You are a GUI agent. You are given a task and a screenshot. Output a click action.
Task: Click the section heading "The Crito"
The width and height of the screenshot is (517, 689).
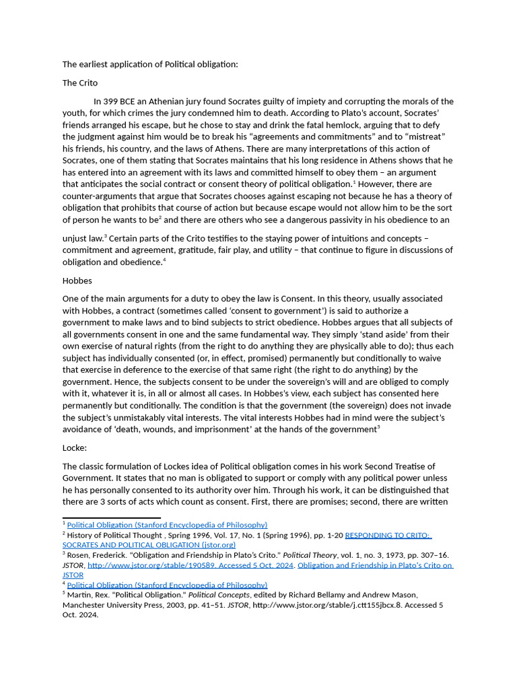click(80, 83)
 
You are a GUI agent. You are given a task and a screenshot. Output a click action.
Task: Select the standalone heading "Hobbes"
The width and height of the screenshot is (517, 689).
click(77, 280)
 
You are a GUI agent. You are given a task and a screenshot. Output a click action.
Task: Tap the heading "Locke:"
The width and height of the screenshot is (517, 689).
click(76, 447)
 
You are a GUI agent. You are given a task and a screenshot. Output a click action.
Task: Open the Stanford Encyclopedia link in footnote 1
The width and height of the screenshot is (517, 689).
click(167, 525)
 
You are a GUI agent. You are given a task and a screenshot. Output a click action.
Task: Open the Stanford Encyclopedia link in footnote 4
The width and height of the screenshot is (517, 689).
click(167, 585)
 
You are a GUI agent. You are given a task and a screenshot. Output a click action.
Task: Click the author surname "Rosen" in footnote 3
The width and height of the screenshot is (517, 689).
click(81, 555)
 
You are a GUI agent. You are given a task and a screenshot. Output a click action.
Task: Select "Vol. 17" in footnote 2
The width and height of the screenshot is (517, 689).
click(216, 536)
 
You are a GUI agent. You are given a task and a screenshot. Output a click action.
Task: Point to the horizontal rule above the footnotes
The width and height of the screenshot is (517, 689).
click(111, 517)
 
